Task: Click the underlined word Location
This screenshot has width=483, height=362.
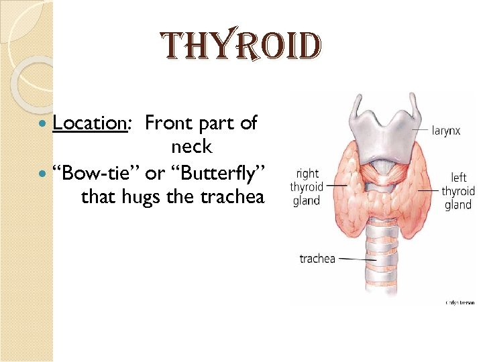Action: coord(90,123)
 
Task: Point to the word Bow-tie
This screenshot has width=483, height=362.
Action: coord(99,173)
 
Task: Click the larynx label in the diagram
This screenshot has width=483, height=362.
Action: coord(445,131)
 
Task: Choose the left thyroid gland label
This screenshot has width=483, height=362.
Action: coord(458,191)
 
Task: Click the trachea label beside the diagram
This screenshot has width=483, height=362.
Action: coord(317,258)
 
